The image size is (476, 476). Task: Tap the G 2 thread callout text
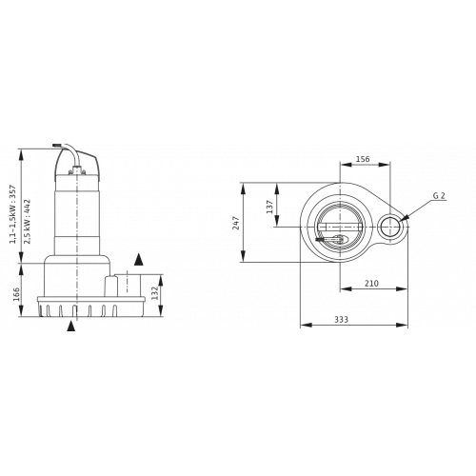(440, 197)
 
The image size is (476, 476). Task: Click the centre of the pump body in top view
(336, 228)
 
